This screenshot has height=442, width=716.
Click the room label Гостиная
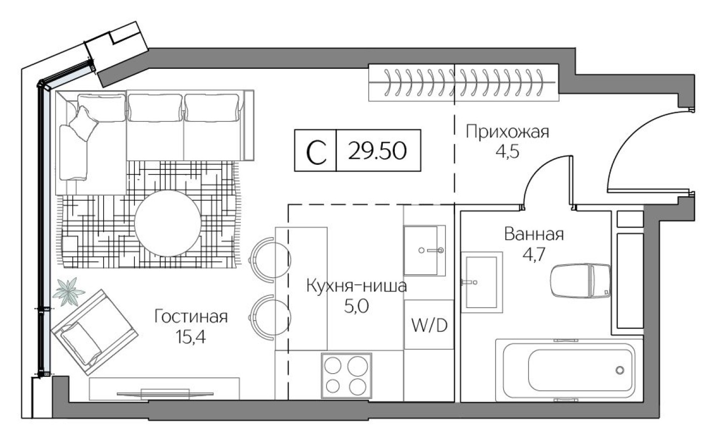(x=191, y=317)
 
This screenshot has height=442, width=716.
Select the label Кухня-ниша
(x=356, y=286)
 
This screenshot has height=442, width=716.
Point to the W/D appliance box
(x=429, y=325)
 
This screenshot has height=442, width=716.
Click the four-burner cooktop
(x=346, y=375)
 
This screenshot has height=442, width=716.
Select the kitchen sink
(x=424, y=250)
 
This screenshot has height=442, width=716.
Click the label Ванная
(x=534, y=235)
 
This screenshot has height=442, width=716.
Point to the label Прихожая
(x=507, y=132)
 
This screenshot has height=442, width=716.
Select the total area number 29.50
(x=377, y=150)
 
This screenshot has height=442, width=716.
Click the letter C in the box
(x=316, y=151)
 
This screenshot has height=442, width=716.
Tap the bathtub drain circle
(x=619, y=370)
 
